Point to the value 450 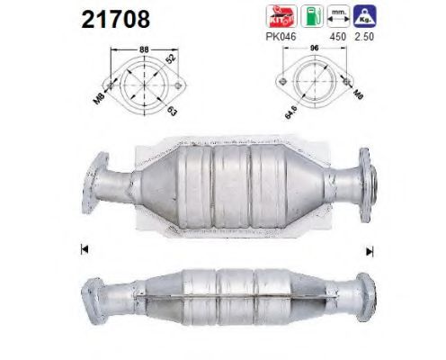340,37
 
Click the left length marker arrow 83,247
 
